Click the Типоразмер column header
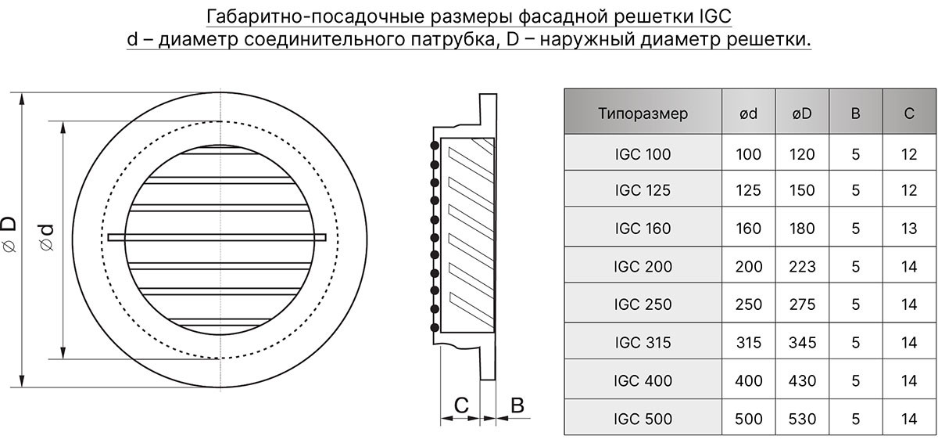643,113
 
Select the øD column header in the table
802,113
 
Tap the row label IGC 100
643,154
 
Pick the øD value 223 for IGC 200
802,267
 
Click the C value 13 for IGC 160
909,229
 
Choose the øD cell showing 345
802,343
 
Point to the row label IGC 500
643,419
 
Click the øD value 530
802,419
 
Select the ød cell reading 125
748,190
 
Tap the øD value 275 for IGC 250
802,304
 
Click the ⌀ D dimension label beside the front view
9,234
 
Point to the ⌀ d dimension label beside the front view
46,238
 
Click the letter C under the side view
461,405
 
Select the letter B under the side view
517,405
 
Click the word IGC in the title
716,16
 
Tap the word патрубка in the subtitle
453,39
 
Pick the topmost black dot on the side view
435,146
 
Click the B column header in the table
855,113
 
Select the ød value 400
748,380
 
